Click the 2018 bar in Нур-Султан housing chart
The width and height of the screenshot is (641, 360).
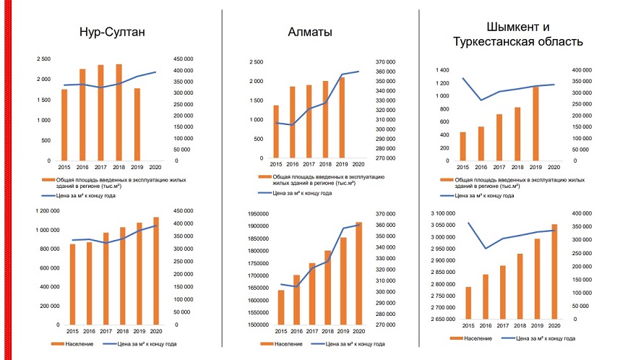tap(119, 112)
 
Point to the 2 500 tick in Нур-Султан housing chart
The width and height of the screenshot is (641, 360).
tap(44, 59)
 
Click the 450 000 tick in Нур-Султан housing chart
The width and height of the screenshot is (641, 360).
tap(184, 59)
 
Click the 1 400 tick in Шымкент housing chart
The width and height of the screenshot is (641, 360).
tap(442, 70)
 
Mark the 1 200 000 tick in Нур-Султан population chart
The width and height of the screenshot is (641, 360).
tap(40, 211)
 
